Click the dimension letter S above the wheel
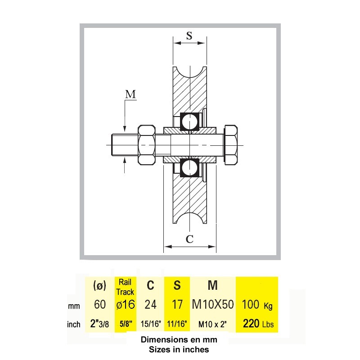(189, 36)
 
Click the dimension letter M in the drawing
(130, 94)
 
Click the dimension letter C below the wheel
(189, 239)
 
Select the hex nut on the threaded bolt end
(147, 145)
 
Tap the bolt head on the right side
(231, 145)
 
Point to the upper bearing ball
(189, 121)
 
